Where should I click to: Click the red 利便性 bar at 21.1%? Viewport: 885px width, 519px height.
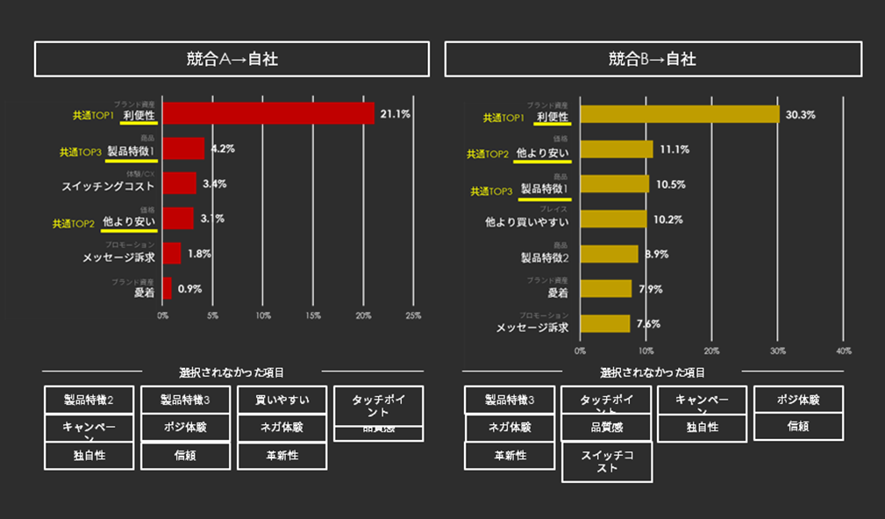point(268,113)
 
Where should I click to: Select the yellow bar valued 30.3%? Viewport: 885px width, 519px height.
point(679,114)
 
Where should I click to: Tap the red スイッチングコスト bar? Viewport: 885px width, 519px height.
point(180,184)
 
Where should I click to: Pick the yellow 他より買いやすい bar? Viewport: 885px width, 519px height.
point(612,220)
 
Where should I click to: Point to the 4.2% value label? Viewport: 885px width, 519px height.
point(223,149)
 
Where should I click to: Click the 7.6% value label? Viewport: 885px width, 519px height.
point(648,324)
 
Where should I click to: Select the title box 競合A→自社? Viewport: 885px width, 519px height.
point(232,59)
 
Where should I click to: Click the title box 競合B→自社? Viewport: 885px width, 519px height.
point(653,59)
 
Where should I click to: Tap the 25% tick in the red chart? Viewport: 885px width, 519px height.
point(413,314)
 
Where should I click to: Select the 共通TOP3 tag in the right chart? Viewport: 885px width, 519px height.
point(490,191)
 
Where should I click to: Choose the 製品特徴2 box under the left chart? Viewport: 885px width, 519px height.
point(89,400)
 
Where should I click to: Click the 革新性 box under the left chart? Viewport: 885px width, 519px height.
point(282,456)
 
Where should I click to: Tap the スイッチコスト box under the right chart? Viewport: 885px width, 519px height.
point(607,462)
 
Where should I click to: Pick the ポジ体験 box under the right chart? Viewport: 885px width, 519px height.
point(798,400)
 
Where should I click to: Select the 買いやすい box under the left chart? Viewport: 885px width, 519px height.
point(282,400)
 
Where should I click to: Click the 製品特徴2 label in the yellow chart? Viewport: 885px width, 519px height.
point(545,257)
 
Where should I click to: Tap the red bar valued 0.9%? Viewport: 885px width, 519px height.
point(168,288)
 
